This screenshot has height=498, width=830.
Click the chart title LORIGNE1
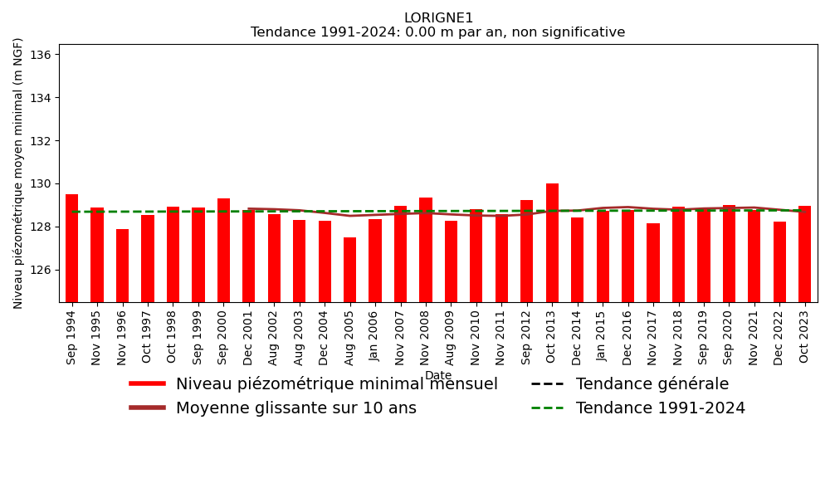(x=438, y=18)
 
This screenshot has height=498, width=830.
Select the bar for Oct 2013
(x=552, y=242)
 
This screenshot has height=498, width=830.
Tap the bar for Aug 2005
(x=350, y=270)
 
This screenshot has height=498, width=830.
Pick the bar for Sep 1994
(x=72, y=248)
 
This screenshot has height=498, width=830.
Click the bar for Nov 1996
(x=123, y=266)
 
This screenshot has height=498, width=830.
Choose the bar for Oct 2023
(x=804, y=254)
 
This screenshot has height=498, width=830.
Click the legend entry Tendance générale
(x=652, y=384)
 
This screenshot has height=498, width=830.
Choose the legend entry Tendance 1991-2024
(x=660, y=408)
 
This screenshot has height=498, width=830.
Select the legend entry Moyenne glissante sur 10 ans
(x=295, y=408)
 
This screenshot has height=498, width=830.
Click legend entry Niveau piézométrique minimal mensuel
(x=336, y=384)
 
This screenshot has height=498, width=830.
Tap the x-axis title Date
(x=438, y=376)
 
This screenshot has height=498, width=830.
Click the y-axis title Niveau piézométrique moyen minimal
(x=19, y=173)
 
